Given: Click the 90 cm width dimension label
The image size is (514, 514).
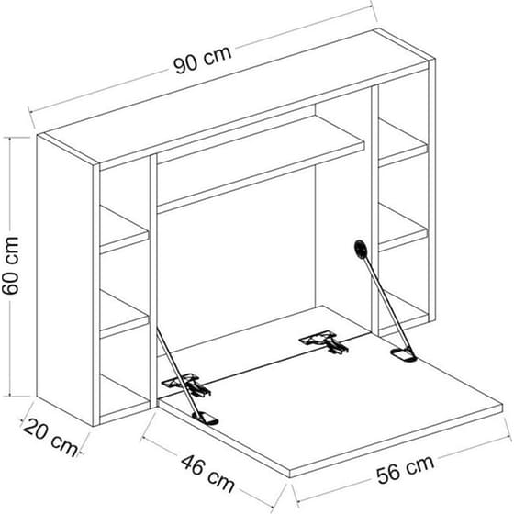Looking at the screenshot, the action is pyautogui.click(x=203, y=60).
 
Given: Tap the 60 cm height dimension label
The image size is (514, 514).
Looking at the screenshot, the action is pyautogui.click(x=10, y=265).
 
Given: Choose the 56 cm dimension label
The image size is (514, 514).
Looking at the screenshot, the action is pyautogui.click(x=406, y=469).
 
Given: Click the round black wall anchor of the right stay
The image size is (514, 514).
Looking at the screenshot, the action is pyautogui.click(x=361, y=249).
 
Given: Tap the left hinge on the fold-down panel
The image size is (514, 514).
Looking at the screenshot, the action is pyautogui.click(x=187, y=385).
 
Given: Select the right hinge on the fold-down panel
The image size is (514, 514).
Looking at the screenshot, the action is pyautogui.click(x=323, y=341).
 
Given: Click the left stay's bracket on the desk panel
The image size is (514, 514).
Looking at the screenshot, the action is pyautogui.click(x=206, y=419).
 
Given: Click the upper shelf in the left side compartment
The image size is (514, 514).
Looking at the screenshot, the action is pyautogui.click(x=124, y=230).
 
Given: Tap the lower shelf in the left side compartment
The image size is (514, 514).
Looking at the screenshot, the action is pyautogui.click(x=124, y=314).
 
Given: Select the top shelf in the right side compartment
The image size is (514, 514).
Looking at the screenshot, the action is pyautogui.click(x=403, y=143).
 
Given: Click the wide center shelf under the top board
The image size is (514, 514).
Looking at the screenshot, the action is pyautogui.click(x=261, y=164).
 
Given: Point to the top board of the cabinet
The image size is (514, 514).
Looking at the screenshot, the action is pyautogui.click(x=237, y=98).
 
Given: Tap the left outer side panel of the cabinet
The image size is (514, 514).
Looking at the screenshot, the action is pyautogui.click(x=65, y=280).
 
